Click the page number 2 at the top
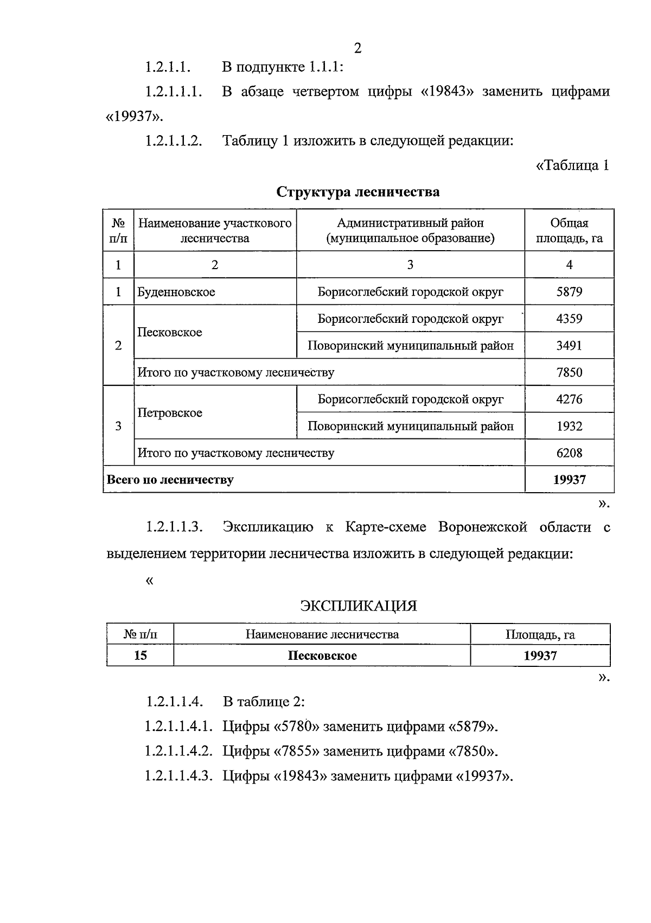point(358,49)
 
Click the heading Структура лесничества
point(358,192)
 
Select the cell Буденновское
point(176,292)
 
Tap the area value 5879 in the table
point(569,292)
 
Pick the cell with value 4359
point(569,319)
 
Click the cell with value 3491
point(569,346)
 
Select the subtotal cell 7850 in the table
point(569,372)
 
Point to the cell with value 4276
point(569,399)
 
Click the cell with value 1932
point(569,426)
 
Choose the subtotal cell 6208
point(569,453)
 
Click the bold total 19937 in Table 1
point(569,480)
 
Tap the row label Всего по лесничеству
point(170,480)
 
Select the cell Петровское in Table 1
point(170,413)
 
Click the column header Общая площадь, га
point(569,231)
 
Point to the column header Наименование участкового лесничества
point(215,231)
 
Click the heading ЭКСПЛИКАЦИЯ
point(359,606)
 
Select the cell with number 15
point(140,655)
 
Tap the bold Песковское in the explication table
point(322,655)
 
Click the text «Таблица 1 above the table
point(572,165)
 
